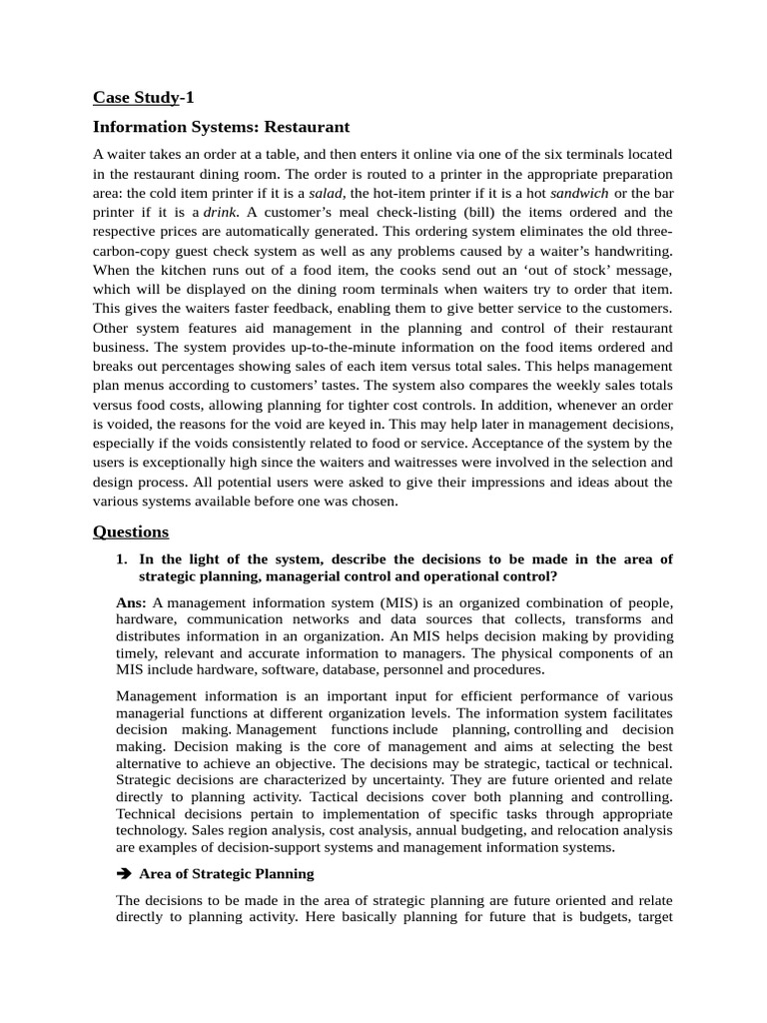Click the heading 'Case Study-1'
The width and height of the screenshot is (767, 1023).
pos(144,97)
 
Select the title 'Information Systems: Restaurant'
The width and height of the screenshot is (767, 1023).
pos(221,127)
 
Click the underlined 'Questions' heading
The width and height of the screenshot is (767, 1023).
pos(131,530)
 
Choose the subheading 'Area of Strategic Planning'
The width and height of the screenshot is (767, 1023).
pos(226,873)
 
